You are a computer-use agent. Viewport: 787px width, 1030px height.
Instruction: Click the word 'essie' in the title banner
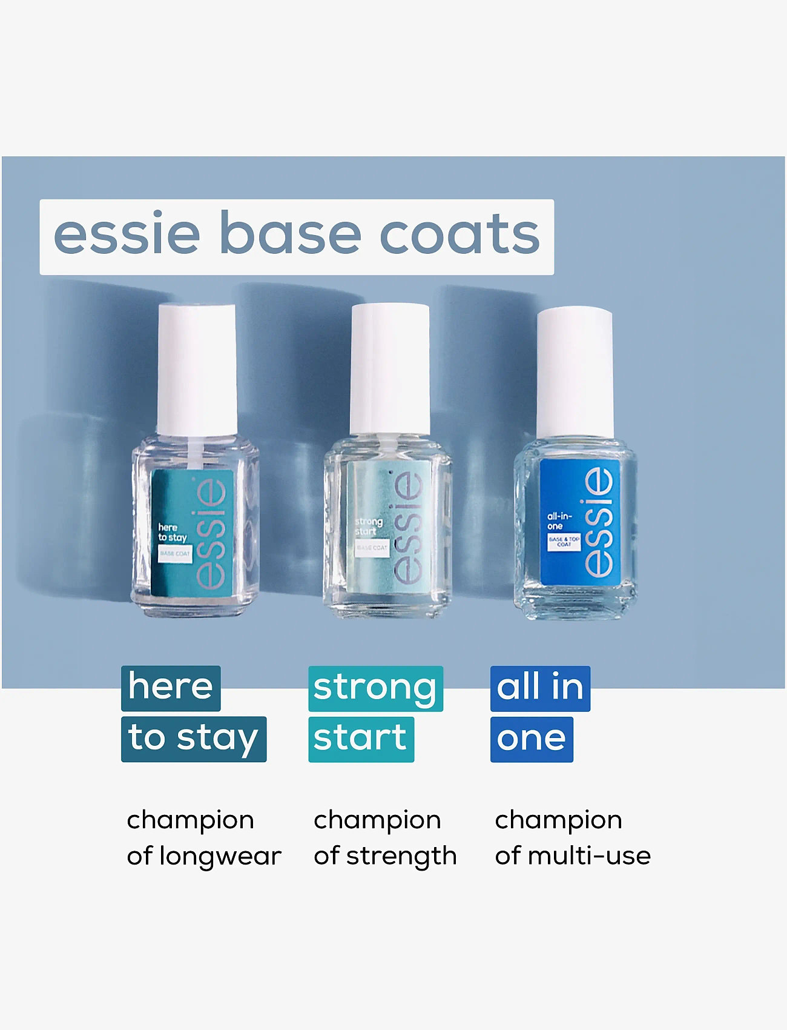click(x=127, y=234)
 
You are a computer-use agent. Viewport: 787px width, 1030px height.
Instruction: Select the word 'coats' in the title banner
click(x=459, y=234)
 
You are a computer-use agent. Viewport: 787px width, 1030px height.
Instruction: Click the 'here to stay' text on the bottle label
click(x=172, y=533)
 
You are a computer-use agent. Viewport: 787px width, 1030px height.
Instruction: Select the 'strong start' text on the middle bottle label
click(x=368, y=526)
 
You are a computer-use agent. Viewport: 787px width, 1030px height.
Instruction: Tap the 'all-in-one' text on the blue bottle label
click(x=559, y=521)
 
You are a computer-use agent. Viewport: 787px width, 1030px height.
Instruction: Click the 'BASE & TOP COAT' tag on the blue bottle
click(x=564, y=542)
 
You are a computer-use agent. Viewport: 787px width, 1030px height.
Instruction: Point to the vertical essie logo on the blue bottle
click(x=599, y=522)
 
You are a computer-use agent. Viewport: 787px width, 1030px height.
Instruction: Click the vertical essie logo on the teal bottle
click(x=212, y=532)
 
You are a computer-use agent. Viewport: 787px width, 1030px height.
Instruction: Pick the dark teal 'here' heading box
click(x=171, y=688)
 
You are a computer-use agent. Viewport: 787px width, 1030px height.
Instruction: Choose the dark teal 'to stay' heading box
click(x=194, y=739)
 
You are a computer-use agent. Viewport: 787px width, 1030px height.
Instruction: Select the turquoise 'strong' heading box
click(x=375, y=688)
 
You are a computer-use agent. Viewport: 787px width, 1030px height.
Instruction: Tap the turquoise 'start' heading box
click(x=361, y=739)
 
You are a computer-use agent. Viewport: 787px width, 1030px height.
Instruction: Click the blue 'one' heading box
click(x=532, y=739)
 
